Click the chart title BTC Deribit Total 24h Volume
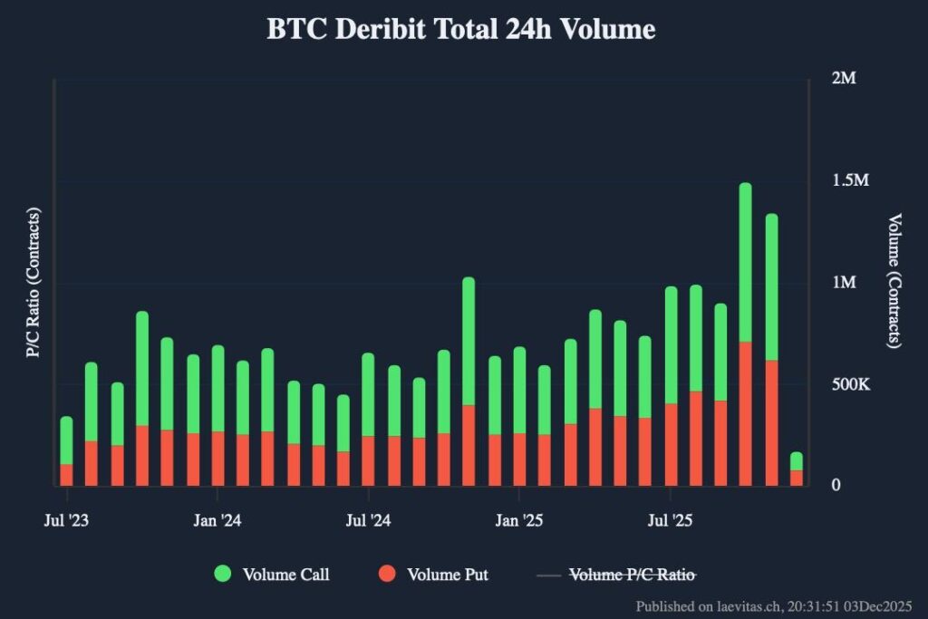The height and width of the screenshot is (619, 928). [460, 29]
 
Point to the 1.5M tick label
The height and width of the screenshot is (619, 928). [849, 180]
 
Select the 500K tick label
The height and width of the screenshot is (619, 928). [850, 384]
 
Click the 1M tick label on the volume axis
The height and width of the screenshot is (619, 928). [844, 283]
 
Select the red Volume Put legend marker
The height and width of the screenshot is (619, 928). [388, 574]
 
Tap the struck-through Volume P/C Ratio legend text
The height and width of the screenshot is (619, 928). [633, 574]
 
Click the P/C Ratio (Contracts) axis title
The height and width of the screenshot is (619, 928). [34, 283]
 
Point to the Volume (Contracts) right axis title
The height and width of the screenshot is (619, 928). [894, 281]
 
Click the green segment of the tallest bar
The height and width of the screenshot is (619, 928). [745, 263]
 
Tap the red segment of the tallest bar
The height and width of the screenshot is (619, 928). [745, 412]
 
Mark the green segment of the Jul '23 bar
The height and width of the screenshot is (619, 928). [66, 440]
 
